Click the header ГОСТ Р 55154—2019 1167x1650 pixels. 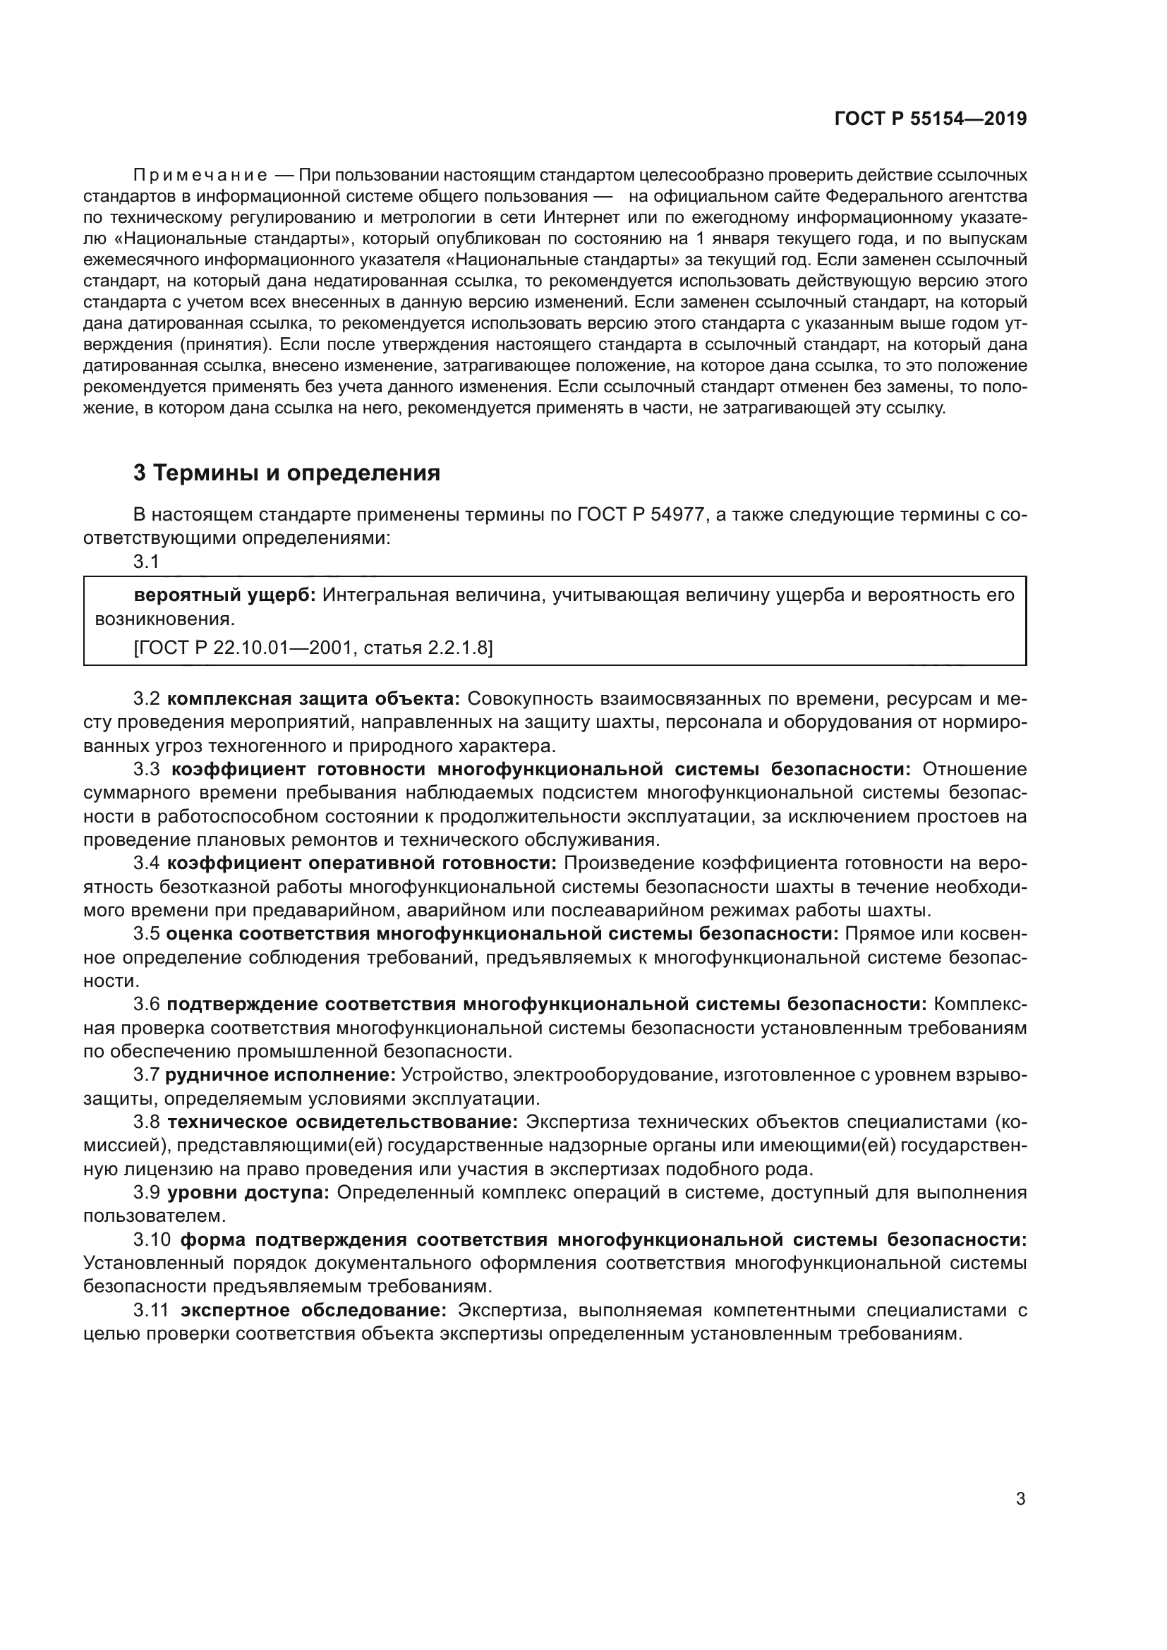click(x=930, y=119)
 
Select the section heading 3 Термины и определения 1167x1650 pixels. click(x=286, y=473)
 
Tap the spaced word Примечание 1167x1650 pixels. click(x=200, y=176)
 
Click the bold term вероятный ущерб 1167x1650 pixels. click(x=224, y=595)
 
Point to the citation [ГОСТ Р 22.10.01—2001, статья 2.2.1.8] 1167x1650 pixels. click(x=313, y=648)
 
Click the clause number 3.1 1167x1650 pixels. click(x=146, y=562)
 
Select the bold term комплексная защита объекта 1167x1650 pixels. click(x=313, y=698)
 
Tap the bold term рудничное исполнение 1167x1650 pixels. click(x=280, y=1074)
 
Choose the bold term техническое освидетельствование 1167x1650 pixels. click(x=343, y=1122)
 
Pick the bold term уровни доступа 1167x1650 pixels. click(x=248, y=1192)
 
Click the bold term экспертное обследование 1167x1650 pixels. click(x=313, y=1310)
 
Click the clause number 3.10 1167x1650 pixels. click(x=152, y=1239)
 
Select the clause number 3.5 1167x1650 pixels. click(x=146, y=933)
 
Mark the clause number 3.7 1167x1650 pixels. click(x=146, y=1074)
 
